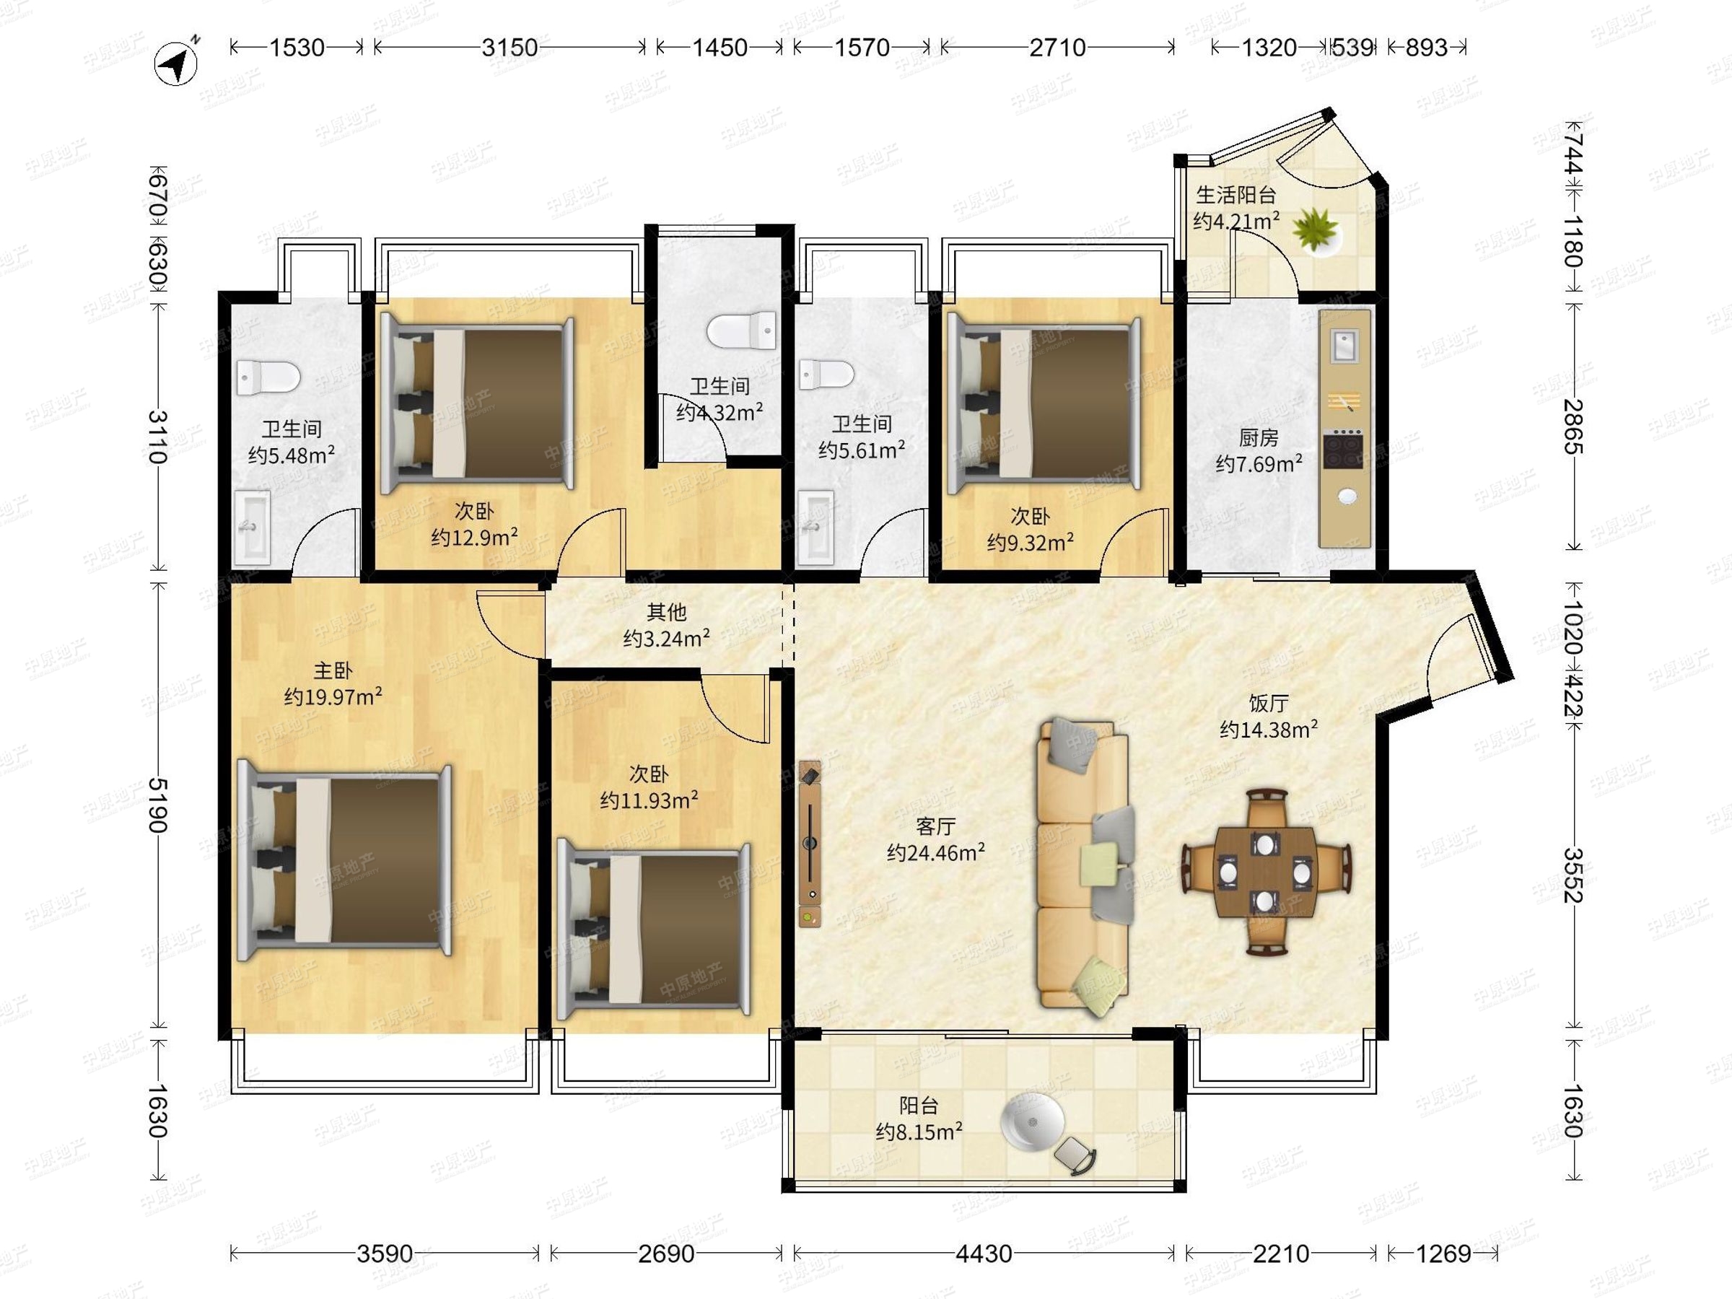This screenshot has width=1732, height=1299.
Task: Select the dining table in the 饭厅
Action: point(1266,872)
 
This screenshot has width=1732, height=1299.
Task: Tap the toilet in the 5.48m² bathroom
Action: point(268,377)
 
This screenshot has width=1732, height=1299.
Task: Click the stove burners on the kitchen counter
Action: point(1344,450)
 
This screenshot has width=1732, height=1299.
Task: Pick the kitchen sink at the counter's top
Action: point(1345,345)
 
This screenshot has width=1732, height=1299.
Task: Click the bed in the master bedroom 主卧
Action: point(345,863)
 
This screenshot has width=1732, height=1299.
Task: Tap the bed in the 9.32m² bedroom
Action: point(1044,403)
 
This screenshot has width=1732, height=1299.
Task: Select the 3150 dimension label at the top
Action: point(509,47)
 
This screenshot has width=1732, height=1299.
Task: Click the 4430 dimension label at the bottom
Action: point(984,1254)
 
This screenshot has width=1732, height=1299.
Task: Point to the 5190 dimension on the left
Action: point(157,805)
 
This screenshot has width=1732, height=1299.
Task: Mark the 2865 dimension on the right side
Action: point(1574,427)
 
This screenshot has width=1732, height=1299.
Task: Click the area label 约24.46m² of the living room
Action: point(936,853)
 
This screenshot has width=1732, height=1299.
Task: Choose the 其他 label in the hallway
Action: point(666,611)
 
